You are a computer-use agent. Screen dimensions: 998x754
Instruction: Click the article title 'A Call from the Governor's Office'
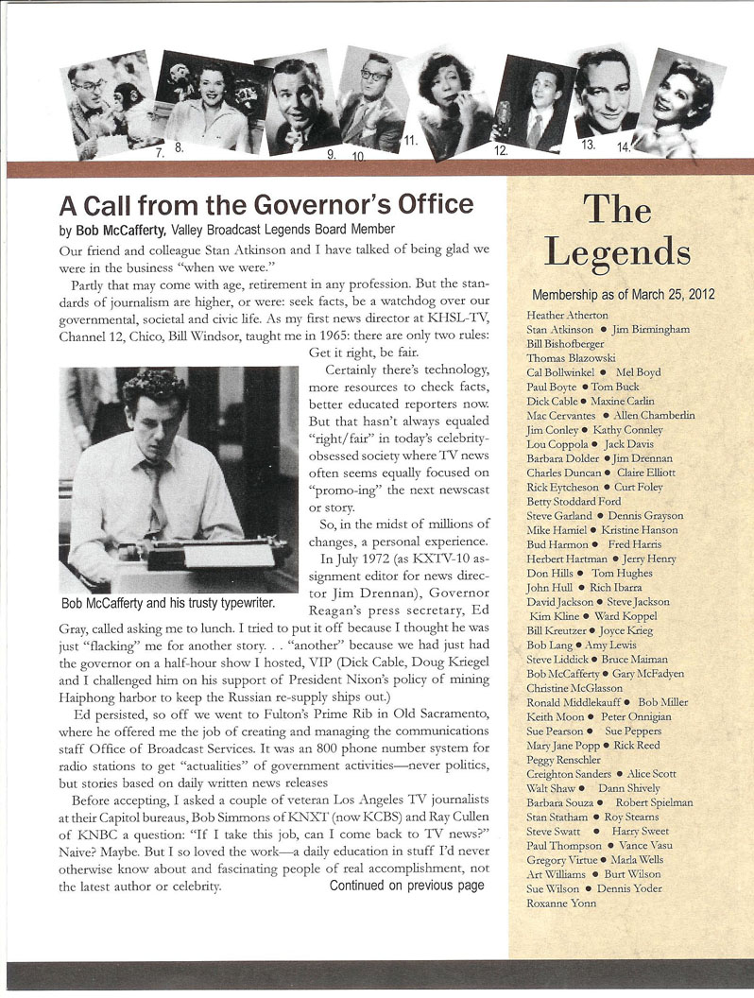(x=266, y=204)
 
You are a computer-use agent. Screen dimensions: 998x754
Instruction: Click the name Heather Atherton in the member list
(x=567, y=315)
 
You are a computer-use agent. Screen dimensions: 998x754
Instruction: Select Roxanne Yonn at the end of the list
(x=560, y=903)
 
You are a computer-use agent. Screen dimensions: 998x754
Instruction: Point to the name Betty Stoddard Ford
(x=574, y=501)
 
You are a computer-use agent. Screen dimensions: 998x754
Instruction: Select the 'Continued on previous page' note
(x=406, y=886)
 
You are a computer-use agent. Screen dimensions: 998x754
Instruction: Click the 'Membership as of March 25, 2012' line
(x=624, y=295)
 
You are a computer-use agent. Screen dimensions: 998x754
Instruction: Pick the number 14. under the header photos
(x=624, y=147)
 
